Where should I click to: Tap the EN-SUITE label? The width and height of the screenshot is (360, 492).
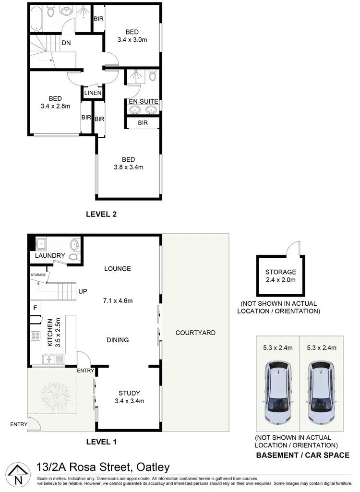tap(143, 101)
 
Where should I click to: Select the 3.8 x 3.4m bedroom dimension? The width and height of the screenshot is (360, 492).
tap(128, 168)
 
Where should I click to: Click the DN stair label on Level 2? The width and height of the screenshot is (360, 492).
tap(67, 43)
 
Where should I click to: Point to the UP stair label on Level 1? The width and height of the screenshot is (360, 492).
tap(82, 291)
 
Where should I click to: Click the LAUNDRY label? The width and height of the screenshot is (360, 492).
tap(50, 256)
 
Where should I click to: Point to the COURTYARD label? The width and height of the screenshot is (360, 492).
tap(195, 333)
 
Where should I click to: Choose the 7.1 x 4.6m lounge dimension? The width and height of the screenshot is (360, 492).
tap(118, 301)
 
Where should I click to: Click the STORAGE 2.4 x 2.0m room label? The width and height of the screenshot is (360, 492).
tap(280, 276)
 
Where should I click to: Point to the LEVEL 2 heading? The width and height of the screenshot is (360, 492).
tap(101, 215)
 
